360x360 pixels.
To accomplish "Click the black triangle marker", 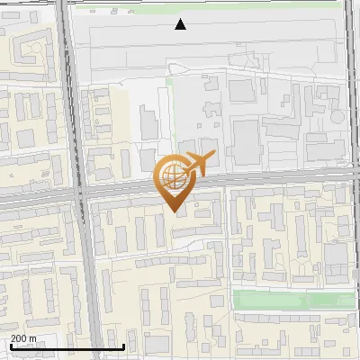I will (x=181, y=24).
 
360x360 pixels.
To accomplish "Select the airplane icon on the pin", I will (x=200, y=164).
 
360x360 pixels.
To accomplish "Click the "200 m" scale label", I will (x=23, y=338).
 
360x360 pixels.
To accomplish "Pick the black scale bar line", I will (x=67, y=346).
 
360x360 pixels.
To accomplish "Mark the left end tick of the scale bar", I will (x=11, y=345).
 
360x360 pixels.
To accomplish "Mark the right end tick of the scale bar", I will (x=123, y=345).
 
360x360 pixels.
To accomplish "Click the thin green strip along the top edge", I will (x=270, y=4).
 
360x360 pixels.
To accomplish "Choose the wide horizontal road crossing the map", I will (x=270, y=180).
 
